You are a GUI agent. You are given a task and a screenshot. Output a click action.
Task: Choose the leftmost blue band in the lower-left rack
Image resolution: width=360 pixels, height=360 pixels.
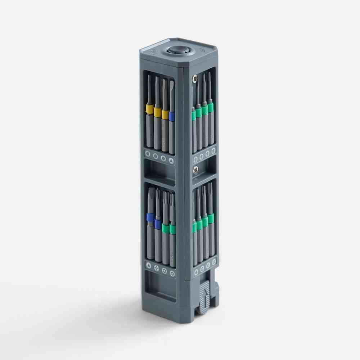coord(150,217)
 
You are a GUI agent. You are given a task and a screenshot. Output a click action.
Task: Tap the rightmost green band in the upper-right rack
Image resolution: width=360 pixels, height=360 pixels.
coord(210,107)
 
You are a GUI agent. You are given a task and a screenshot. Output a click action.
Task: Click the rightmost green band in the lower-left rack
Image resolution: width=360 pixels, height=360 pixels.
coord(172,229)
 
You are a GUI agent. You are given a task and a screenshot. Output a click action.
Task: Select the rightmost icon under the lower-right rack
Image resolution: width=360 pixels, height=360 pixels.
coord(214,262)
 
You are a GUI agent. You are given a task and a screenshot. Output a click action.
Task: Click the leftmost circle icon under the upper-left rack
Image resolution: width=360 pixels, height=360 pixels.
coord(148,154)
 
